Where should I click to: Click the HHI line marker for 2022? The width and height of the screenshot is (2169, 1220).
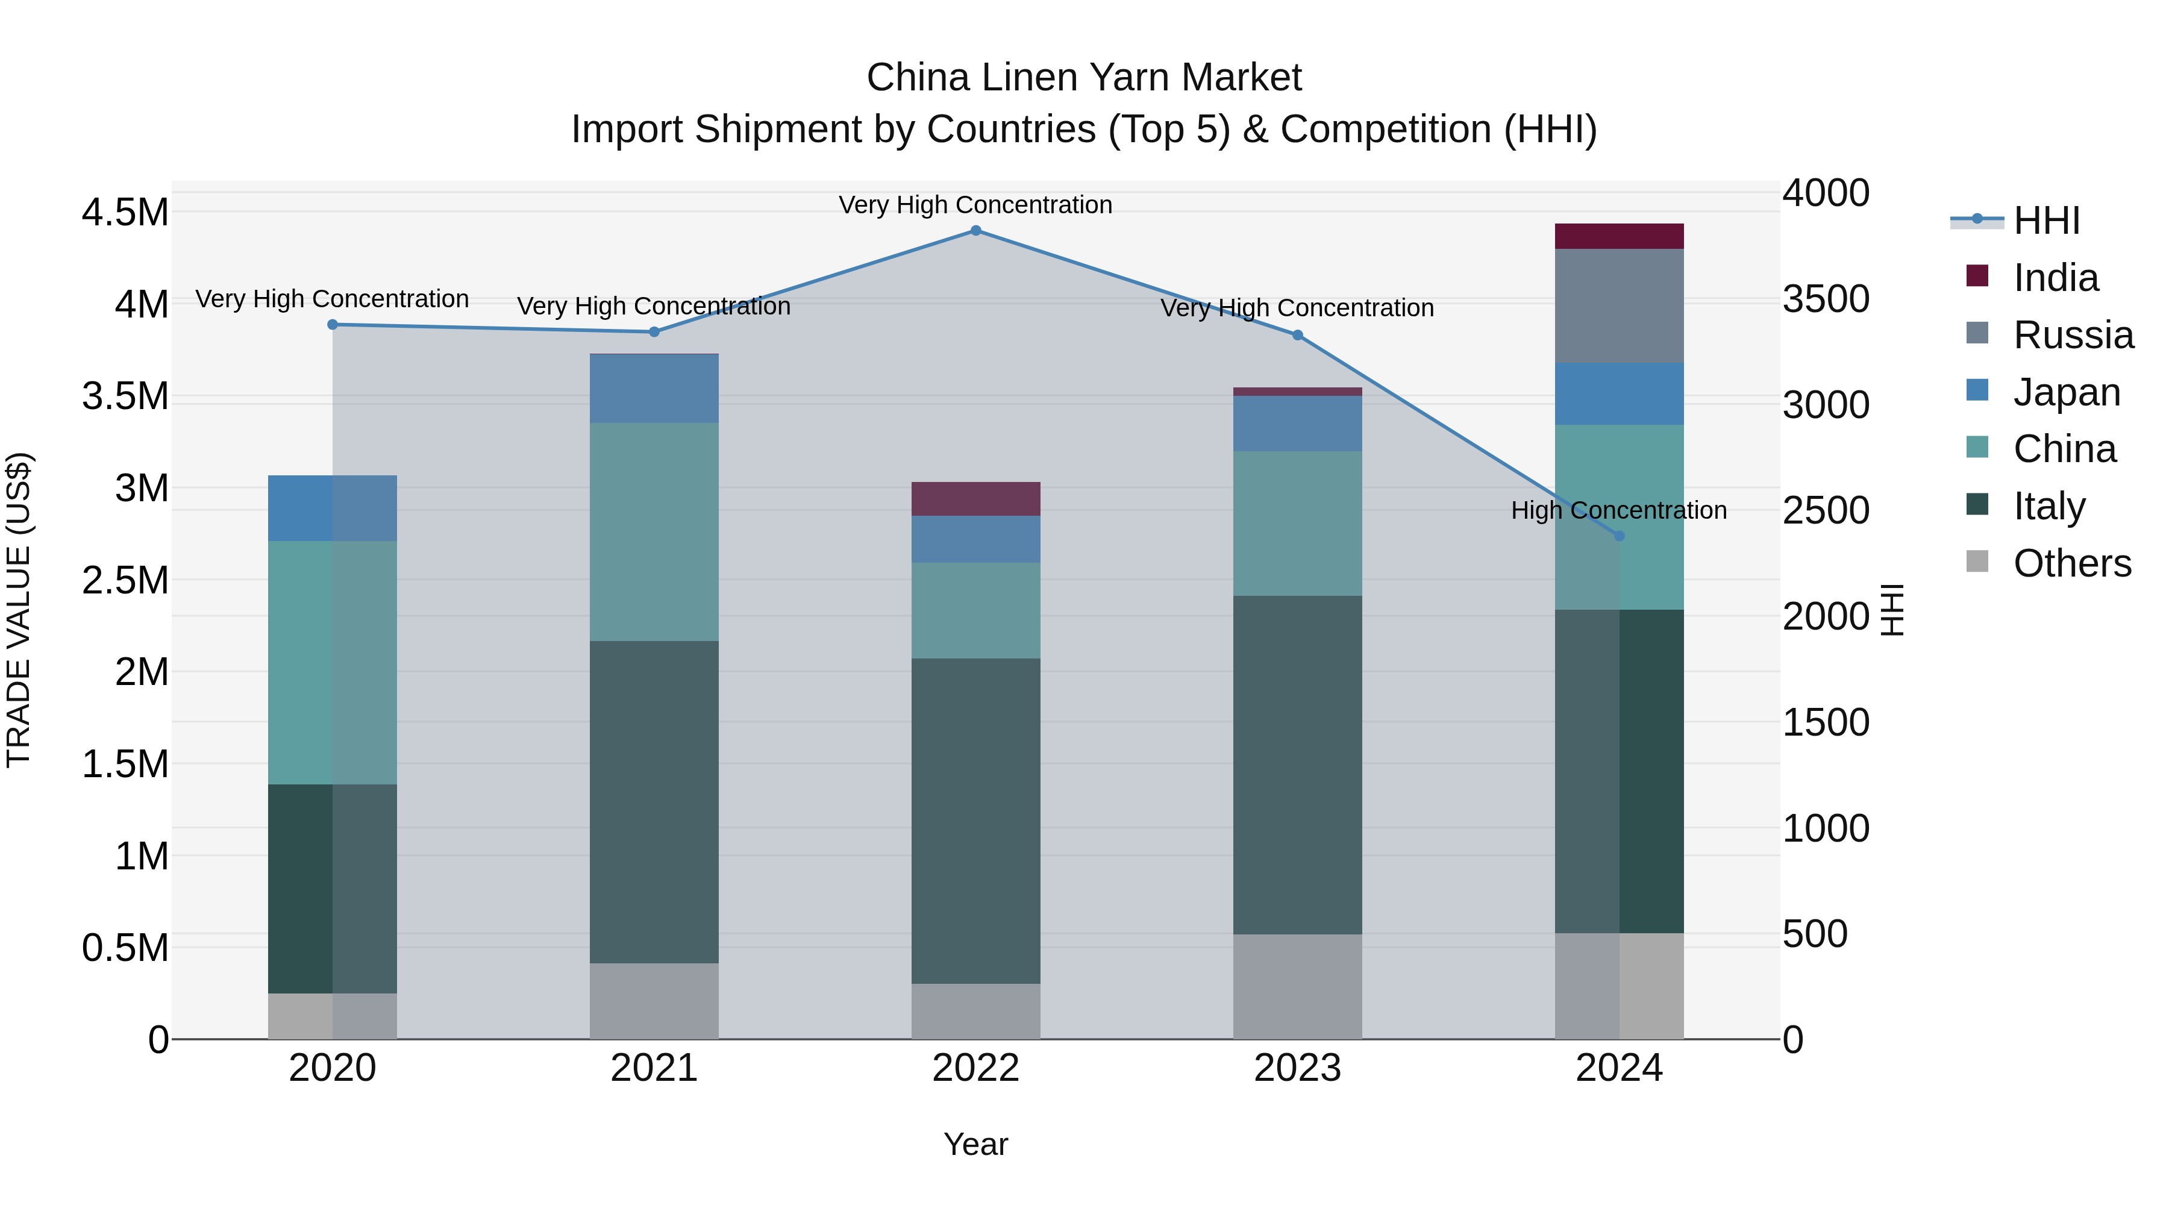tap(976, 231)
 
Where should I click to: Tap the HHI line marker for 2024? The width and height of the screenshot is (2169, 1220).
tap(1618, 536)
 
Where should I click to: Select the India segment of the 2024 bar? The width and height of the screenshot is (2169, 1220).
tap(1618, 237)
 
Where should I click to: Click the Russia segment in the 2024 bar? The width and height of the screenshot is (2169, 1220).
tap(1618, 305)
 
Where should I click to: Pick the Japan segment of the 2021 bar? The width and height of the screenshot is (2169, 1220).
tap(654, 389)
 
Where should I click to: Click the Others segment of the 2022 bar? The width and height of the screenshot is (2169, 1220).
tap(976, 1011)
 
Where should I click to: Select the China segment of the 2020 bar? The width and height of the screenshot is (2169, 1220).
tap(332, 663)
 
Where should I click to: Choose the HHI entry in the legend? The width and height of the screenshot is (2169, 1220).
tap(2046, 221)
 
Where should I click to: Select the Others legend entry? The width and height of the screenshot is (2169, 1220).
tap(2071, 563)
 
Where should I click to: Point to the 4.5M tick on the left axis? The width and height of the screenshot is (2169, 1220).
tap(125, 212)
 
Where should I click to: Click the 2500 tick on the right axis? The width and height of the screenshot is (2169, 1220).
tap(1826, 510)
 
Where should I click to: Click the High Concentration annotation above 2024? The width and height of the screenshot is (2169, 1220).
tap(1618, 510)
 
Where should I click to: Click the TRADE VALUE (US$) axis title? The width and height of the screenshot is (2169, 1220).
tap(19, 610)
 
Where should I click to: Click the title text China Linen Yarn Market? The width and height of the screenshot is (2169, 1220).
tap(1084, 78)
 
